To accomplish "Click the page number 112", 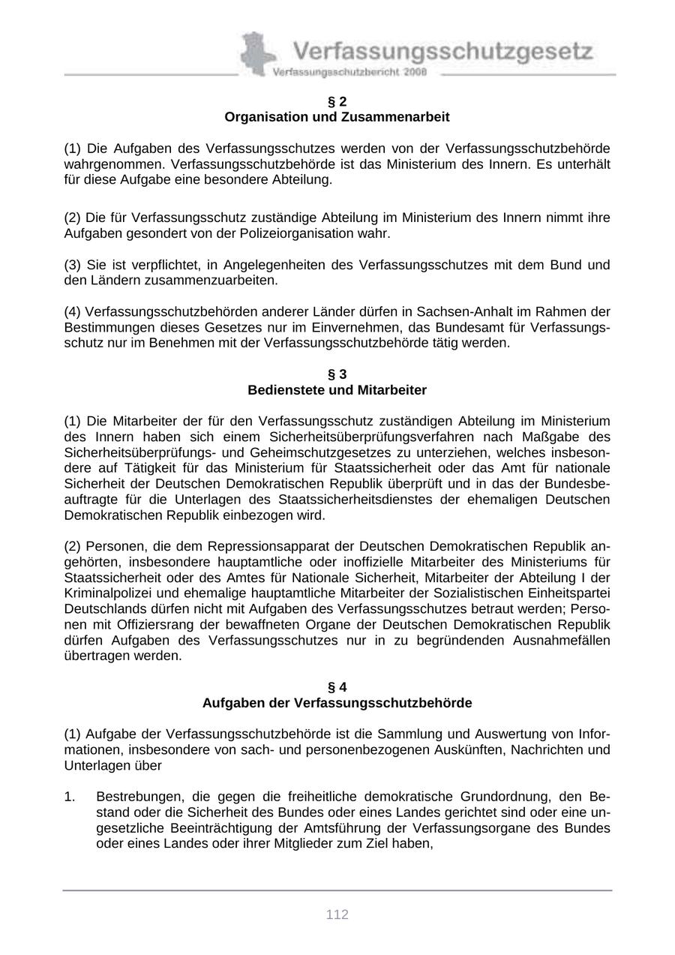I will (x=337, y=914).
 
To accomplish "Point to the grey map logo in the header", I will (x=256, y=54).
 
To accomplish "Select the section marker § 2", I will (x=337, y=101).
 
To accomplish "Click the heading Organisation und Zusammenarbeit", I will (x=337, y=117).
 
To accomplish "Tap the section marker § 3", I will (x=337, y=374).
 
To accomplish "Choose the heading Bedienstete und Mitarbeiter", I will (x=337, y=390).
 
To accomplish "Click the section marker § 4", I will (x=337, y=687).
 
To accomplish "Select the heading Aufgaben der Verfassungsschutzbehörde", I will (x=337, y=703).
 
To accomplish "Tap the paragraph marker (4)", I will (x=73, y=311).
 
